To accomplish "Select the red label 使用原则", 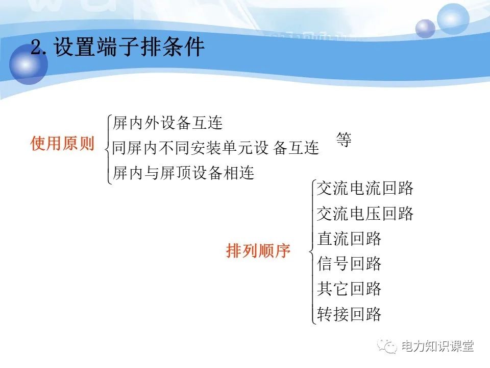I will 62,144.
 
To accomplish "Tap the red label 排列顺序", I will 258,251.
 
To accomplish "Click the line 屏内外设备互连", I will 167,123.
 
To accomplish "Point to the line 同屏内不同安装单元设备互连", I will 215,148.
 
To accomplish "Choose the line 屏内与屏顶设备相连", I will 183,173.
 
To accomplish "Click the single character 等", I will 344,140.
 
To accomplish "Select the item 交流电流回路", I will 365,189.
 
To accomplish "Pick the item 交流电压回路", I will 365,214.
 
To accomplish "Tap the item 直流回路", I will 349,239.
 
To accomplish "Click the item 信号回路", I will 349,264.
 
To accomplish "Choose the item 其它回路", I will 349,289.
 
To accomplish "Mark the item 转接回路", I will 349,314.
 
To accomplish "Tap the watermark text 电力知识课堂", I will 438,347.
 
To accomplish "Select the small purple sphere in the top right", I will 425,29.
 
